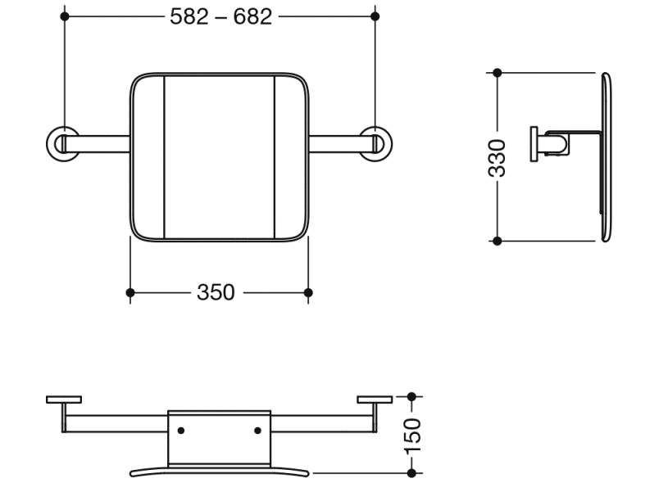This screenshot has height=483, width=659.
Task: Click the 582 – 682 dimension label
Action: pyautogui.click(x=220, y=17)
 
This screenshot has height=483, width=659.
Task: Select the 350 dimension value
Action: pyautogui.click(x=216, y=292)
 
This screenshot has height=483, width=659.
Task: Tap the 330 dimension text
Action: pyautogui.click(x=497, y=157)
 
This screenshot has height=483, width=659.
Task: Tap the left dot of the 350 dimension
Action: pyautogui.click(x=130, y=292)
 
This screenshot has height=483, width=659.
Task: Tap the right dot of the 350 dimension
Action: pyautogui.click(x=308, y=292)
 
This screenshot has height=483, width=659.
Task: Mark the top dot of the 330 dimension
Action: pyautogui.click(x=497, y=73)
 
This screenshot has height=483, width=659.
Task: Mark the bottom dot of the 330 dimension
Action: pyautogui.click(x=497, y=241)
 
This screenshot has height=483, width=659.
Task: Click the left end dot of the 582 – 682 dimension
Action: pyautogui.click(x=64, y=16)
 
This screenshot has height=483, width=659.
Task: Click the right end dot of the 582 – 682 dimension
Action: pyautogui.click(x=375, y=16)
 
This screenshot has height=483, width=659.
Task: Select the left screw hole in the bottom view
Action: pyautogui.click(x=181, y=430)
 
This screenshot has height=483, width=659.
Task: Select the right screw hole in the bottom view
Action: pyautogui.click(x=257, y=430)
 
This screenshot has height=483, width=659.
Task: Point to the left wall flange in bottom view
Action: pyautogui.click(x=64, y=399)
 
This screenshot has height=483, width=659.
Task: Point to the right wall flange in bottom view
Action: pyautogui.click(x=375, y=399)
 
